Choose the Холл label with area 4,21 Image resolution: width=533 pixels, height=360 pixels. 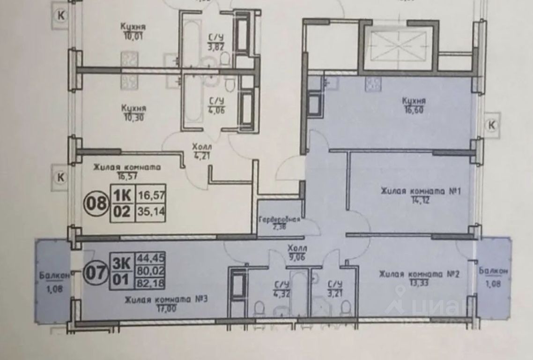tap(201, 147)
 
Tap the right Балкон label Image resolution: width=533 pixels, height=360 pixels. tap(493, 271)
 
